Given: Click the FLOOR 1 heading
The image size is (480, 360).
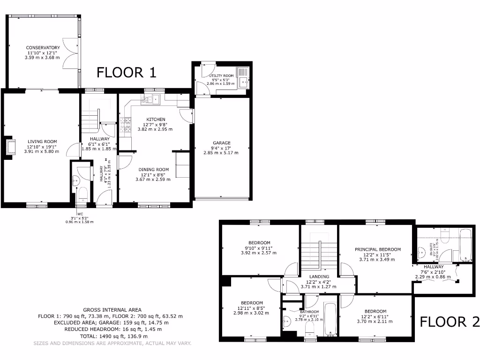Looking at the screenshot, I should pos(126,72).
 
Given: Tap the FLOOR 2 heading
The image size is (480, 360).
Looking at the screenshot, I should pos(449,322).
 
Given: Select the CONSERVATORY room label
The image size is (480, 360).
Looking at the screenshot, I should pos(43,48).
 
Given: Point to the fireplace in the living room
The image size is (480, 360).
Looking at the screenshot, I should pos(9,147).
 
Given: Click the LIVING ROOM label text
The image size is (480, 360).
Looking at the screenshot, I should pos(42,142).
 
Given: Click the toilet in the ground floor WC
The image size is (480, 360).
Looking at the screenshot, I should pos(82,194).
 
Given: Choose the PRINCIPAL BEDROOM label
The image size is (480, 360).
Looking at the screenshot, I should pos(377,249).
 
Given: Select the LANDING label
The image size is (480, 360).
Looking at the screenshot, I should pos(319,277).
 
